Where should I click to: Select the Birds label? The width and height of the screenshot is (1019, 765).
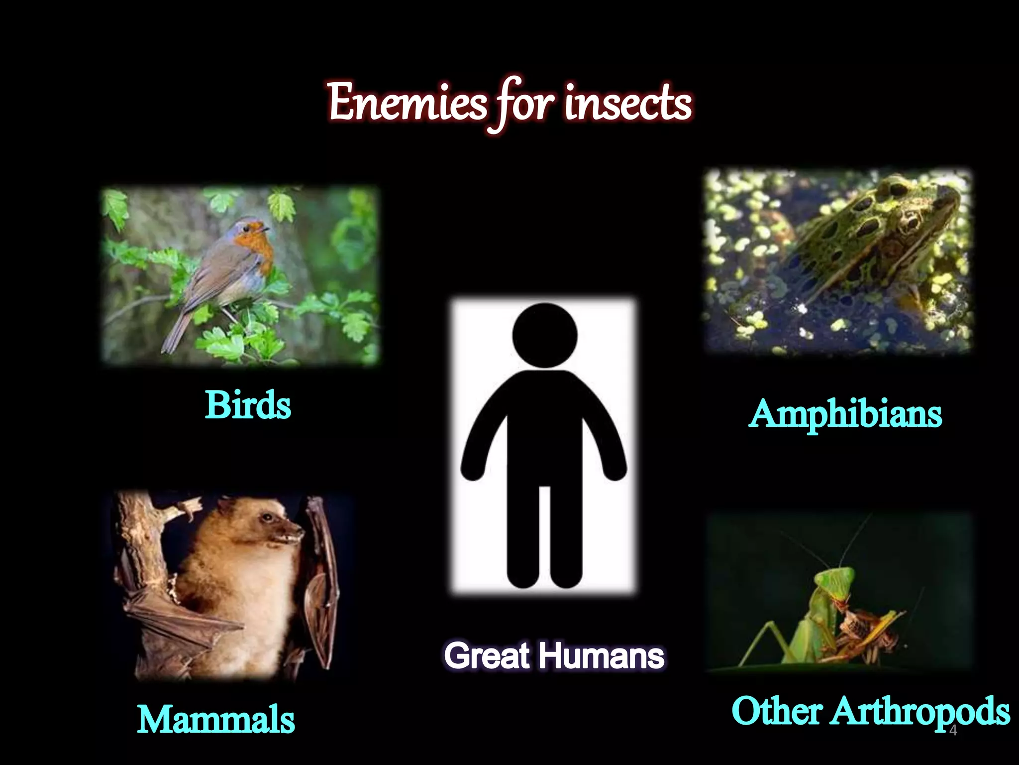[x=248, y=404]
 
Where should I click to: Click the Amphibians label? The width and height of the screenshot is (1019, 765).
[x=845, y=414]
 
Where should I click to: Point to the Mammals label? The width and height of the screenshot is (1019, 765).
[x=216, y=720]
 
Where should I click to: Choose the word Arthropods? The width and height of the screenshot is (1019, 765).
[x=920, y=711]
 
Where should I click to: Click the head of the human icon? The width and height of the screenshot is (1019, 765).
[x=545, y=335]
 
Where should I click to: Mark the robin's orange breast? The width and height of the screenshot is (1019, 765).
[x=256, y=247]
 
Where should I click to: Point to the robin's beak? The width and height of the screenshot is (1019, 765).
[x=267, y=229]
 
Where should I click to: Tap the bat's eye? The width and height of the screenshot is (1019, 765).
[x=268, y=518]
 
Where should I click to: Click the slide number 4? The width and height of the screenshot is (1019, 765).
[x=953, y=731]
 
